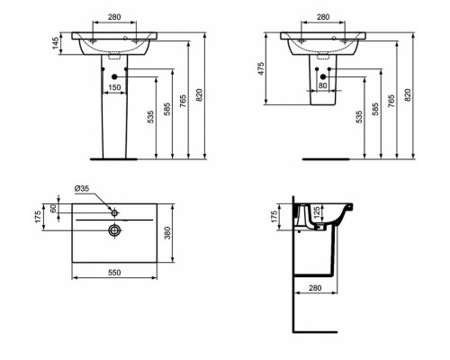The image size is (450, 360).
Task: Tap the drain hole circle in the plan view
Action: pos(114,230)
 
